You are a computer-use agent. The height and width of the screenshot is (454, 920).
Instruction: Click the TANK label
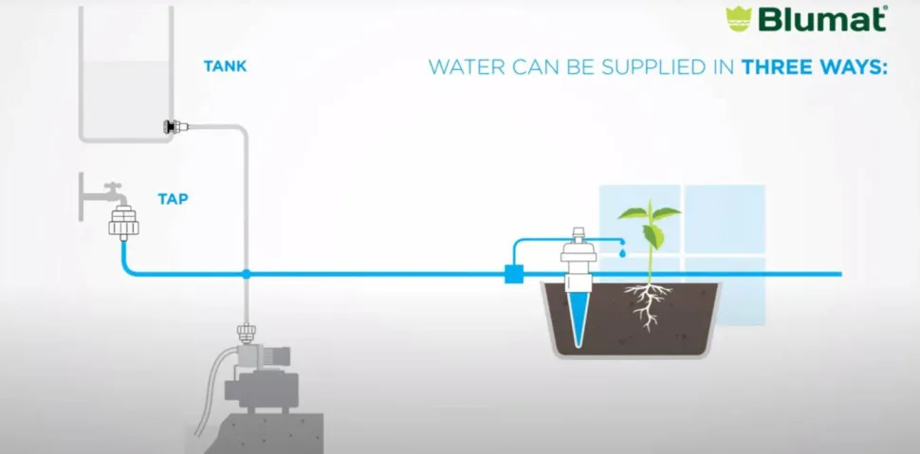(x=226, y=66)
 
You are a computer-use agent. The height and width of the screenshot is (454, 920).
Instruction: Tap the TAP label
(x=173, y=199)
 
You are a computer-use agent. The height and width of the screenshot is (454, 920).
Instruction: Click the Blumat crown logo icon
(x=739, y=19)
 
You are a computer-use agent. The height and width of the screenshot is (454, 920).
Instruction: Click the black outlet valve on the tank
(x=172, y=126)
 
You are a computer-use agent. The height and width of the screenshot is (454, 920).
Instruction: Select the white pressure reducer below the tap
(x=124, y=223)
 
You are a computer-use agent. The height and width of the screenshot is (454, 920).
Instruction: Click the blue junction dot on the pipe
(x=247, y=274)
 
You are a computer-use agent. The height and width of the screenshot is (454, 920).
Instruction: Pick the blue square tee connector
(x=514, y=274)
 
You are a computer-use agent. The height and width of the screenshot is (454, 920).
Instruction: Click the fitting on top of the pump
(x=246, y=334)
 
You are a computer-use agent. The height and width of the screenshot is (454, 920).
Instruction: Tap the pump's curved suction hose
(x=212, y=387)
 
